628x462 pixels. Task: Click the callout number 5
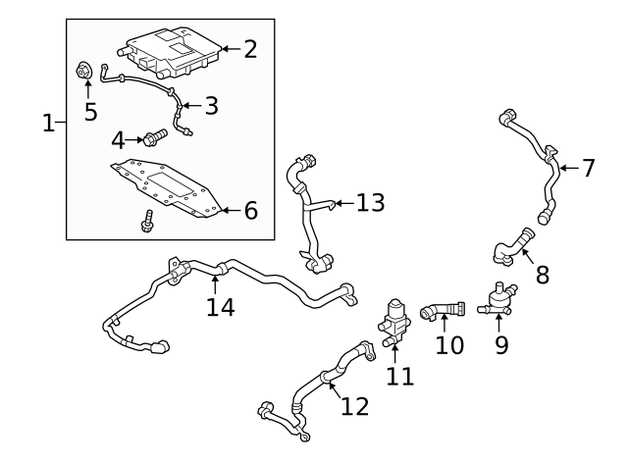pyautogui.click(x=90, y=111)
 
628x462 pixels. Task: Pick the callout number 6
pyautogui.click(x=250, y=209)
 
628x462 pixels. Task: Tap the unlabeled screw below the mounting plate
pyautogui.click(x=147, y=220)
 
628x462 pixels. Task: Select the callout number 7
pyautogui.click(x=588, y=168)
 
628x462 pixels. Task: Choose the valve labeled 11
pyautogui.click(x=393, y=321)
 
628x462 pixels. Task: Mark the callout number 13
pyautogui.click(x=370, y=203)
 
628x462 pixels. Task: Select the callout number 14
pyautogui.click(x=221, y=307)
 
